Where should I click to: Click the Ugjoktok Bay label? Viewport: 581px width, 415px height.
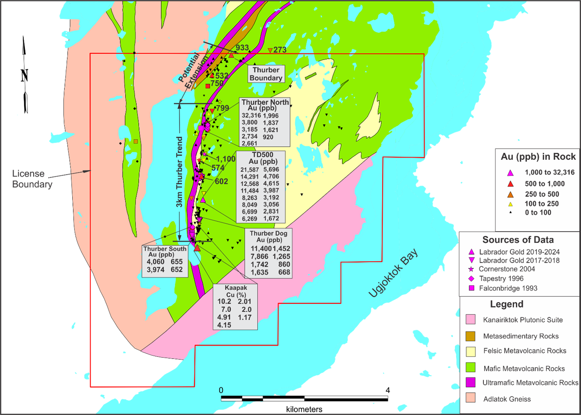click(x=393, y=273)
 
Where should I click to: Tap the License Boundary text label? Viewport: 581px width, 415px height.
click(x=32, y=179)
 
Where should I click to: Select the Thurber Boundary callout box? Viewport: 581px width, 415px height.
click(x=266, y=74)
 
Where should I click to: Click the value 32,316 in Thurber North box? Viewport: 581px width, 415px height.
click(x=251, y=116)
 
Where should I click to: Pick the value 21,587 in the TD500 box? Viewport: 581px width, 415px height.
click(x=250, y=169)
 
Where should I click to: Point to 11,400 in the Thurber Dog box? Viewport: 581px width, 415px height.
click(x=261, y=249)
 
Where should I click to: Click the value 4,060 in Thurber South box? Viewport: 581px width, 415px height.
click(x=155, y=262)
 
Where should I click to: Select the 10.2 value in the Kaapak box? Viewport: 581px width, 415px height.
click(x=224, y=301)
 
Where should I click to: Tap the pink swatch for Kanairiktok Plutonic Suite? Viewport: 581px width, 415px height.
click(x=471, y=320)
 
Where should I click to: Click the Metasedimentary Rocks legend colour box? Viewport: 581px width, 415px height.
click(x=471, y=336)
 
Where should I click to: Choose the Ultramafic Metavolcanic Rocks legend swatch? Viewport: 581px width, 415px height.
click(x=471, y=383)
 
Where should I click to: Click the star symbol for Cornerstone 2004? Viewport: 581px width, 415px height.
click(x=471, y=269)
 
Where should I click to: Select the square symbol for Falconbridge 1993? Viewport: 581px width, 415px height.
click(x=472, y=288)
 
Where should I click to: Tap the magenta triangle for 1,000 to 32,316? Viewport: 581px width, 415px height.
click(x=511, y=172)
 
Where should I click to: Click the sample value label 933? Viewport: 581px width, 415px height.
click(x=242, y=48)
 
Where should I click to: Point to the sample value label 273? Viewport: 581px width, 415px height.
click(x=280, y=50)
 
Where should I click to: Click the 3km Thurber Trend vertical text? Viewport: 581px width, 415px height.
click(x=180, y=172)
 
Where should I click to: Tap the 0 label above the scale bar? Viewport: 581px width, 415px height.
click(x=221, y=390)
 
